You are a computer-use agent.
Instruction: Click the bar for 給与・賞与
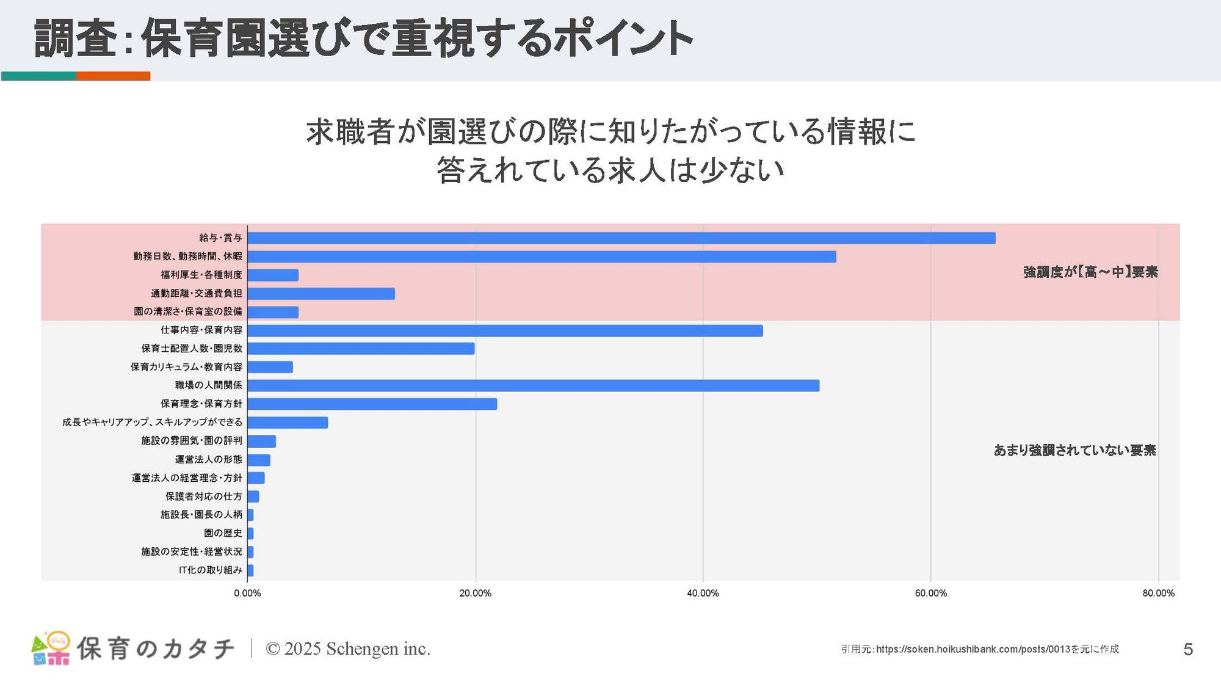(x=621, y=238)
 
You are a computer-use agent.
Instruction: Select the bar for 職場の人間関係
(x=533, y=385)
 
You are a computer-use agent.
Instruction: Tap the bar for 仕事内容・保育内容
(x=505, y=330)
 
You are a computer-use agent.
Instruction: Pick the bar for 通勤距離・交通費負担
(x=321, y=294)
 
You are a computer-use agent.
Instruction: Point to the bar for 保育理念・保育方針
(x=372, y=404)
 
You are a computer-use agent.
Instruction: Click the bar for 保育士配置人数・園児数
(x=361, y=349)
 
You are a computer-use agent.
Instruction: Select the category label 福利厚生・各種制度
(x=201, y=275)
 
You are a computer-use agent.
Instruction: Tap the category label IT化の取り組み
(x=210, y=570)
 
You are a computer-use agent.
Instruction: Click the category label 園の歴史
(x=223, y=533)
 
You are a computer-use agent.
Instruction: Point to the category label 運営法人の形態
(x=208, y=459)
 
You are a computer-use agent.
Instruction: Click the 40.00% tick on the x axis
(x=703, y=593)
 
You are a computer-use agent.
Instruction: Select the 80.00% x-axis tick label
(x=1158, y=593)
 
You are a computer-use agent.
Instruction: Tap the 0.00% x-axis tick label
(x=247, y=593)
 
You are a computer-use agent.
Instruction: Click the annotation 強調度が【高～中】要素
(x=1090, y=272)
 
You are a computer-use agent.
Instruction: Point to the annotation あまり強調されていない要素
(x=1074, y=450)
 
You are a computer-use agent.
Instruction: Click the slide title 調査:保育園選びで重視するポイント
(x=363, y=38)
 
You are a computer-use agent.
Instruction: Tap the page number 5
(x=1187, y=649)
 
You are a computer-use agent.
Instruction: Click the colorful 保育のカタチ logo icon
(x=51, y=648)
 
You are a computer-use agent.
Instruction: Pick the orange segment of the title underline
(x=113, y=76)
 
